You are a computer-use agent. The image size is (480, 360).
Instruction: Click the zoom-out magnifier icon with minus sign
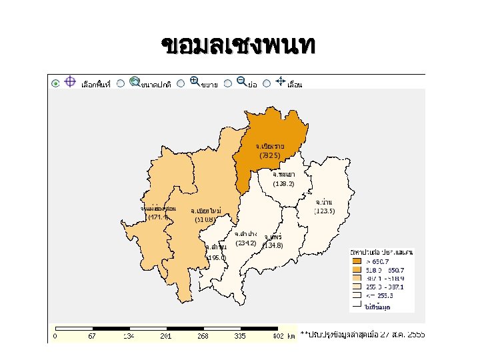point(241,81)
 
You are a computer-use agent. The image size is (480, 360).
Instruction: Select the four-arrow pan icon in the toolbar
point(281,82)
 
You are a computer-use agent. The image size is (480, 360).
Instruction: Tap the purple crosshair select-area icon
point(70,82)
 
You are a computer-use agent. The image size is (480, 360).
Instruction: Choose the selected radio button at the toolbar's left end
point(55,83)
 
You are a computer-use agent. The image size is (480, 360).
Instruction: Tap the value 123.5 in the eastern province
point(324,211)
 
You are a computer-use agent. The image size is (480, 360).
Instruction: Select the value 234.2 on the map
point(245,243)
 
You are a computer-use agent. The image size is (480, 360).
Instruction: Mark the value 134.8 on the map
point(273,245)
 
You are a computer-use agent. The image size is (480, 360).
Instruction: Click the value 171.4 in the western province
point(159,217)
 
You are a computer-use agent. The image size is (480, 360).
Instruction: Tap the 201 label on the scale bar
point(166,336)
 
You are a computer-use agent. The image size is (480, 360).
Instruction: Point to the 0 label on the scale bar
point(55,336)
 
